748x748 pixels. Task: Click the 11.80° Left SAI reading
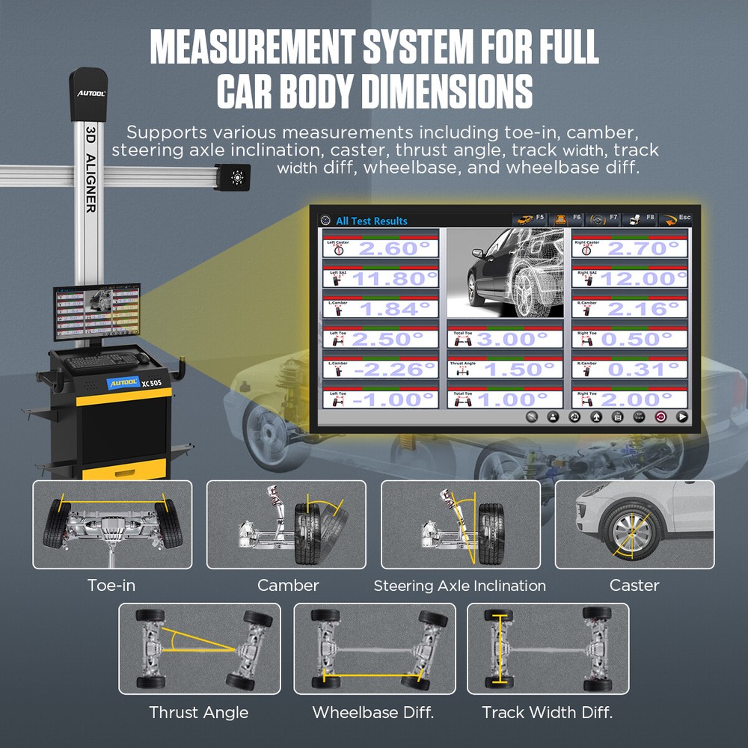click(x=393, y=278)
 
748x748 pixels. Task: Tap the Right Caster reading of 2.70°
click(x=643, y=248)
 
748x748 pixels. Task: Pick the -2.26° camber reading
click(x=393, y=369)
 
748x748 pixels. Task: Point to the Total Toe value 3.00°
click(x=518, y=339)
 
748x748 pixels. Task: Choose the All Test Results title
click(x=371, y=221)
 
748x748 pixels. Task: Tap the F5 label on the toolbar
click(x=539, y=217)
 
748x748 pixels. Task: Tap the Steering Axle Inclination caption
click(x=459, y=586)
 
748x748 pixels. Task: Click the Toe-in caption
click(x=111, y=585)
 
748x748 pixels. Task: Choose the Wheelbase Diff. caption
click(x=373, y=712)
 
